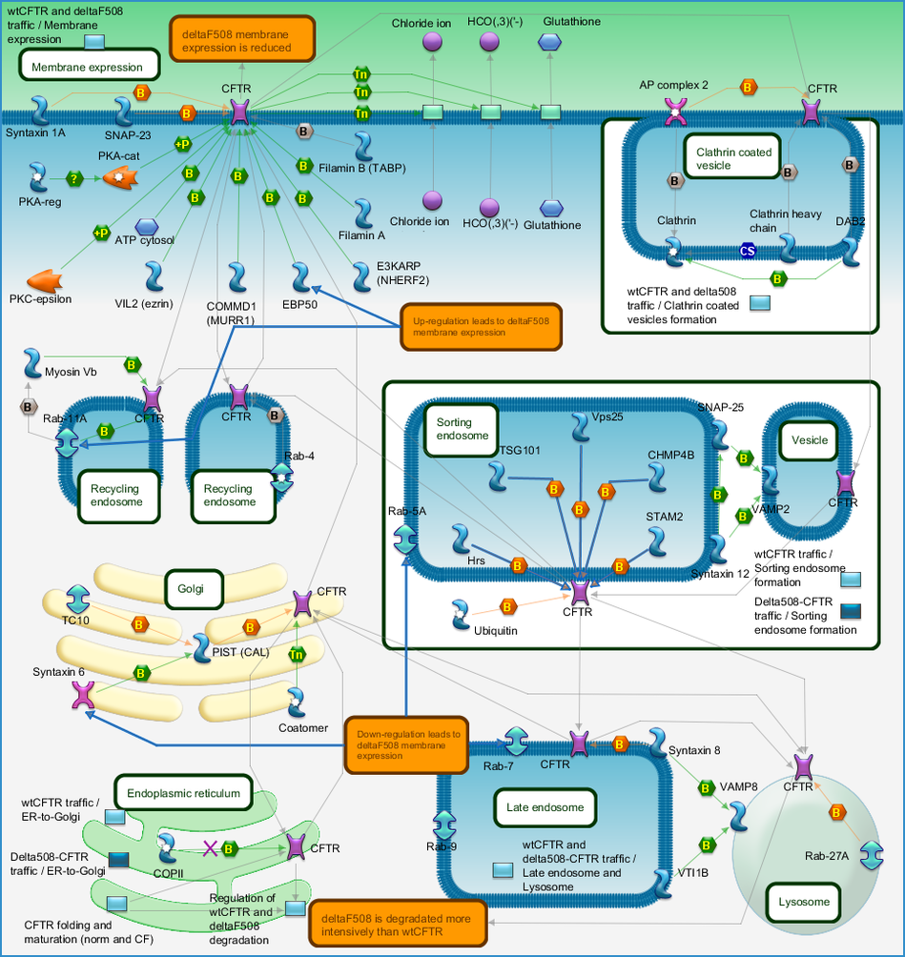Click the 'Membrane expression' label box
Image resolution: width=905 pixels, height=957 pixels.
tap(89, 66)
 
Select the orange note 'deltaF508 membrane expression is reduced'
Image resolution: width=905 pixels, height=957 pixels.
tap(242, 40)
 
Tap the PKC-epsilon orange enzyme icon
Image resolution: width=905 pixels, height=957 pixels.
tap(45, 281)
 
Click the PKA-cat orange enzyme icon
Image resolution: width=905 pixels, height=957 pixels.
tap(120, 177)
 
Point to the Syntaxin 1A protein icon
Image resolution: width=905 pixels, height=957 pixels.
tap(40, 110)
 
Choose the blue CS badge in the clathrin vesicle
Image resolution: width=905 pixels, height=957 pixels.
tap(747, 251)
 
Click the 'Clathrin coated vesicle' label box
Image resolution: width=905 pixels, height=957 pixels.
tap(732, 157)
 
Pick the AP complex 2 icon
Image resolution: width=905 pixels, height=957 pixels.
tap(675, 112)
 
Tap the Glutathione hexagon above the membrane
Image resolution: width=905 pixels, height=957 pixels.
tap(549, 42)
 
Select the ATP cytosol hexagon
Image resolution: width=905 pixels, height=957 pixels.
tap(147, 227)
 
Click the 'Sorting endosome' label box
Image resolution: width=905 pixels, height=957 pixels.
tap(462, 430)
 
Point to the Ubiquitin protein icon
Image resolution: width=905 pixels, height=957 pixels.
tap(460, 615)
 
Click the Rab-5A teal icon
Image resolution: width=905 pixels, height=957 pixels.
tap(405, 539)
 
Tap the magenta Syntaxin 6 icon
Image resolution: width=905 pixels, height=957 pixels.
tap(84, 695)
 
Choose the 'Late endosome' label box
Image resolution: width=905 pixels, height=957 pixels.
tap(545, 807)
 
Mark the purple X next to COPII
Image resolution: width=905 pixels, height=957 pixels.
tap(210, 848)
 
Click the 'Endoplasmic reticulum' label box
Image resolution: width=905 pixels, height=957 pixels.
tap(183, 793)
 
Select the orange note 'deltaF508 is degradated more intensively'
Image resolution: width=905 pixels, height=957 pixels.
tap(397, 924)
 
